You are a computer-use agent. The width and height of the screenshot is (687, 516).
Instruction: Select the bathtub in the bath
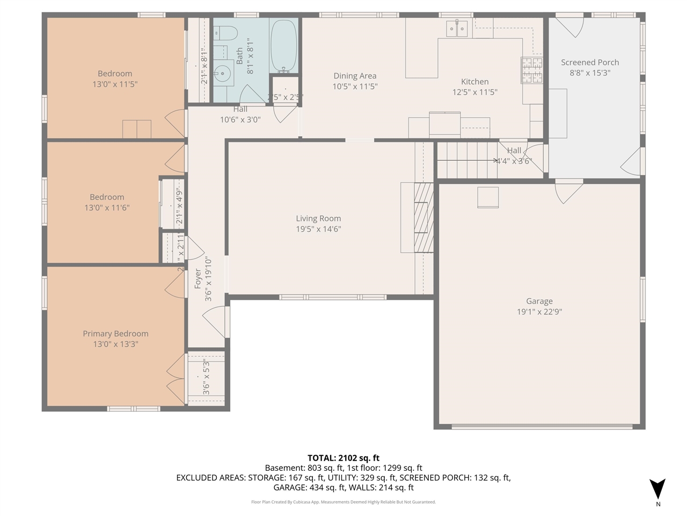[284, 46]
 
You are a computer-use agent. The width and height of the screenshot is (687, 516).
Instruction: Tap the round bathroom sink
[222, 73]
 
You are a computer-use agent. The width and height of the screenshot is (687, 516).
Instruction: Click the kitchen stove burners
[531, 70]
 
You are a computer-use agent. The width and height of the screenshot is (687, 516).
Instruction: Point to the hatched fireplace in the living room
[423, 217]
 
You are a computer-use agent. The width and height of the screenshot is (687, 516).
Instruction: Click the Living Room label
[318, 218]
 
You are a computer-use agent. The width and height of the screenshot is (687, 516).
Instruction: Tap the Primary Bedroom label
[115, 334]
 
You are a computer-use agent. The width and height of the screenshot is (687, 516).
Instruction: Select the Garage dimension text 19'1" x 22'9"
[539, 312]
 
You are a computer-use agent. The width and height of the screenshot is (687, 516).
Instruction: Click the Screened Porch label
[590, 62]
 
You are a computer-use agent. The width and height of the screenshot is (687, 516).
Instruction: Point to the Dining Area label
[355, 76]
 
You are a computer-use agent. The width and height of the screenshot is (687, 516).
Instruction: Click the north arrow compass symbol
[657, 489]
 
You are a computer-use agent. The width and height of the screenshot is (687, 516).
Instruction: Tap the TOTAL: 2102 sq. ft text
[343, 458]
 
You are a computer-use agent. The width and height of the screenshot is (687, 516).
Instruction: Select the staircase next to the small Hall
[464, 160]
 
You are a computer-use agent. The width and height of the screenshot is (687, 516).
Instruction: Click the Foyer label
[198, 278]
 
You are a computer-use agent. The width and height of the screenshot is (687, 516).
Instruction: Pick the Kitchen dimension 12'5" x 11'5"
[474, 92]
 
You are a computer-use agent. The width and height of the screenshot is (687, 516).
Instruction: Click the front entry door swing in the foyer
[215, 321]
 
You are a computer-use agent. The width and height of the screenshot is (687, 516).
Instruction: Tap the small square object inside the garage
[488, 197]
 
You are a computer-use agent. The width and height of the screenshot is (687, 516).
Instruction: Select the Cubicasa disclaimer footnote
[343, 502]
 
